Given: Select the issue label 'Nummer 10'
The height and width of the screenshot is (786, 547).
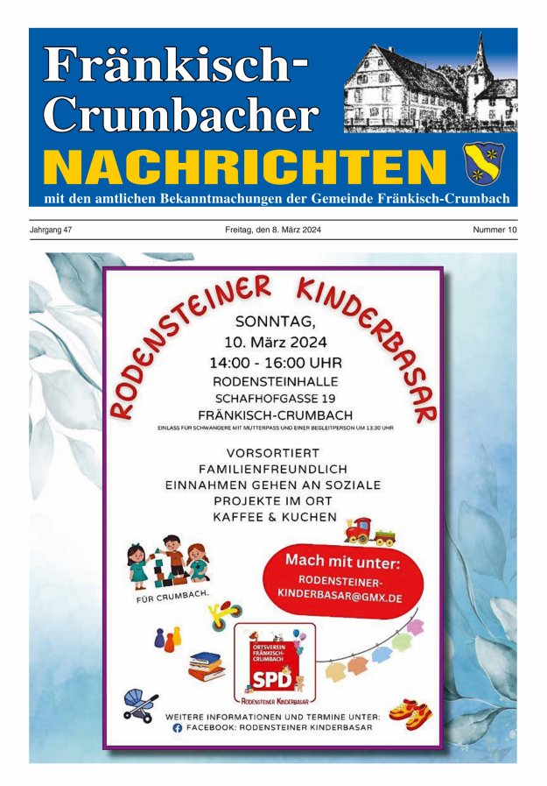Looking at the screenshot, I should (x=494, y=230).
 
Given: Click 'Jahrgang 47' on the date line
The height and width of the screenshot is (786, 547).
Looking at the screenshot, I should (x=51, y=230).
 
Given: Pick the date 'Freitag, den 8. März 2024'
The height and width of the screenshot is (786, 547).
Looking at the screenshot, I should (x=272, y=230).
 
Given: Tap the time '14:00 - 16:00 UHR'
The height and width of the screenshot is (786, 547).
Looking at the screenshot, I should (x=275, y=361).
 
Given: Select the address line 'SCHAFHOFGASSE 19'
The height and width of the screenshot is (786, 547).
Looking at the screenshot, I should (x=275, y=398).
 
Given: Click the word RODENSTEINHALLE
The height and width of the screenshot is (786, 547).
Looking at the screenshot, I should (x=275, y=380).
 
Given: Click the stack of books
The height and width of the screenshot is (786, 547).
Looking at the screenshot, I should (x=207, y=667).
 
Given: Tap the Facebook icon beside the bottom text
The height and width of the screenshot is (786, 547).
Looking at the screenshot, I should (x=177, y=727).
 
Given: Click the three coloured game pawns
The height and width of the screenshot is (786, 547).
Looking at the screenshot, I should (x=167, y=637).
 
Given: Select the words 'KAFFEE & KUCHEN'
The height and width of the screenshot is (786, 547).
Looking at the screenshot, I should (x=275, y=517).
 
